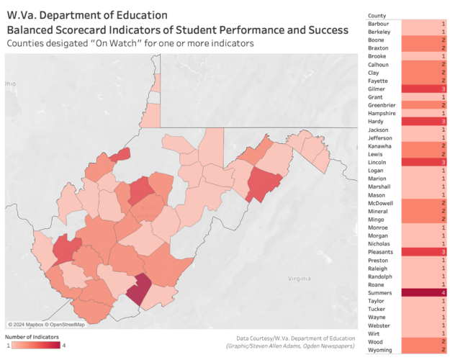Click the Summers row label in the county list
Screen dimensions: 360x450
[x=380, y=293]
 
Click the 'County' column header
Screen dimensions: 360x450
[x=377, y=15]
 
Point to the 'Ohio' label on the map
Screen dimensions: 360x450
[x=9, y=84]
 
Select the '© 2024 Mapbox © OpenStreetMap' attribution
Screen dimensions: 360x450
[x=46, y=325]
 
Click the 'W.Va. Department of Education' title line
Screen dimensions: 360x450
[x=87, y=15]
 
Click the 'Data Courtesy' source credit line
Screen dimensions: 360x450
[x=295, y=338]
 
